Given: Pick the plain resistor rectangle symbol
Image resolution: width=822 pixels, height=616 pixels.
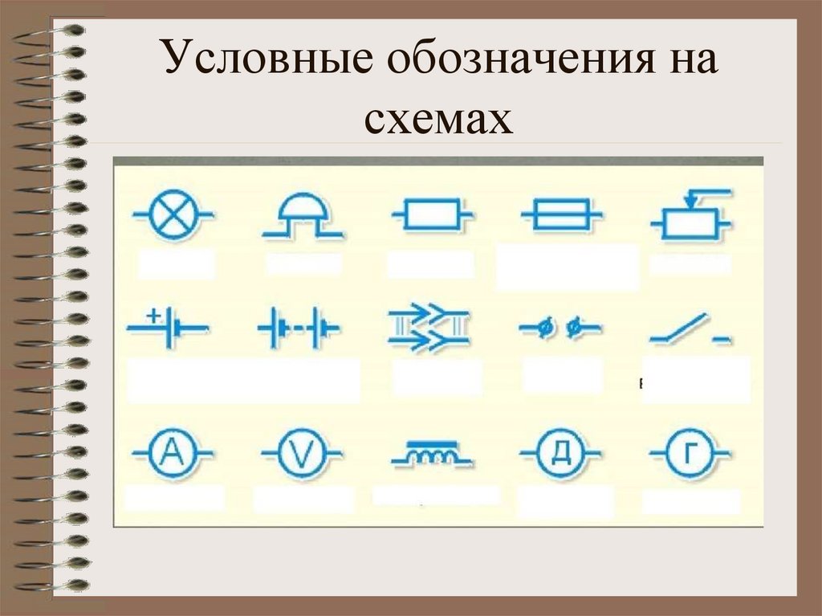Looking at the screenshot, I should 432,215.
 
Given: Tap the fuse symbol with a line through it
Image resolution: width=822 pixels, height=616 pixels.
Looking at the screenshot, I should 561,215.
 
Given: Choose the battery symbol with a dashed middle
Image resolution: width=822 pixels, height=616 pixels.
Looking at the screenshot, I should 298,328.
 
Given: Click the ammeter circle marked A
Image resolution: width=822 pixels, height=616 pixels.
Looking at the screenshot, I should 172,454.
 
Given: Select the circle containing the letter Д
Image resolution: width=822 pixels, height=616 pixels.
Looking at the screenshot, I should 560,455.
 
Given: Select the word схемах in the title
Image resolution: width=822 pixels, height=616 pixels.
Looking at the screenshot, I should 439,117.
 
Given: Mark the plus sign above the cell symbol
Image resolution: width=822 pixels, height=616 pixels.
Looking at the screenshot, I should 153,315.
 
